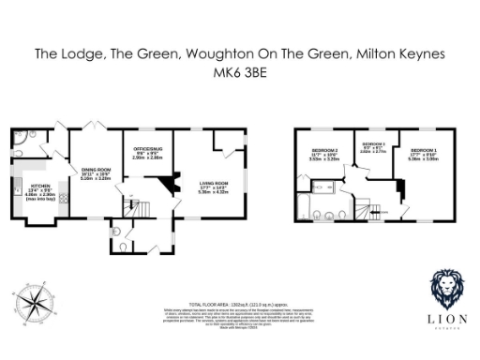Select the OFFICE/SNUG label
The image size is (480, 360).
(x=147, y=150)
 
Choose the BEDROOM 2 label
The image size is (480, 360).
(x=323, y=151)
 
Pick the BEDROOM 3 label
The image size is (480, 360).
(x=373, y=145)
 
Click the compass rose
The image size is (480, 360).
(x=37, y=303)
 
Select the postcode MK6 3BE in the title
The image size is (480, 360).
(x=239, y=72)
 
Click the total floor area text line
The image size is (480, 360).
(x=239, y=306)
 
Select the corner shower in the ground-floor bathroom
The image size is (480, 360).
(x=22, y=138)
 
